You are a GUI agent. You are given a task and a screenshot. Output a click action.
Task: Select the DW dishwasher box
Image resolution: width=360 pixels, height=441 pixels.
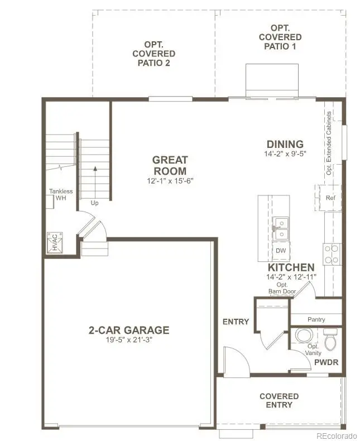click(x=281, y=251)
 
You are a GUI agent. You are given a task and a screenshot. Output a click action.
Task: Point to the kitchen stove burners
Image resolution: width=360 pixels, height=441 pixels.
click(x=331, y=254)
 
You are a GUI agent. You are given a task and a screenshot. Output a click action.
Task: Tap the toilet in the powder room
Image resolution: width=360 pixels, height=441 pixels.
click(x=331, y=340)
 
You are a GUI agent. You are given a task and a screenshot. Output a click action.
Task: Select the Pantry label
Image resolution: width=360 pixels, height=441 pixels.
click(x=316, y=320)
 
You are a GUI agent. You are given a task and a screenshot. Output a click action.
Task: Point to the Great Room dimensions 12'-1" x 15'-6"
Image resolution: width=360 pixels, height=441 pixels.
click(x=170, y=180)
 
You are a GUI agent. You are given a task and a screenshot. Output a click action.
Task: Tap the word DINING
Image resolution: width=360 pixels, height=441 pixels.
click(x=285, y=144)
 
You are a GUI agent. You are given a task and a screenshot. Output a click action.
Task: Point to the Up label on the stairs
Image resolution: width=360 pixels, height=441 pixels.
click(x=95, y=203)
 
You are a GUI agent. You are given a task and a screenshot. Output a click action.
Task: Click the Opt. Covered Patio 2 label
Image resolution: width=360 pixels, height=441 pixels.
click(x=153, y=54)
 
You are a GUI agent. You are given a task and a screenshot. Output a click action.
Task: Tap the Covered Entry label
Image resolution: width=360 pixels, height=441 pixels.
click(x=279, y=400)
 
